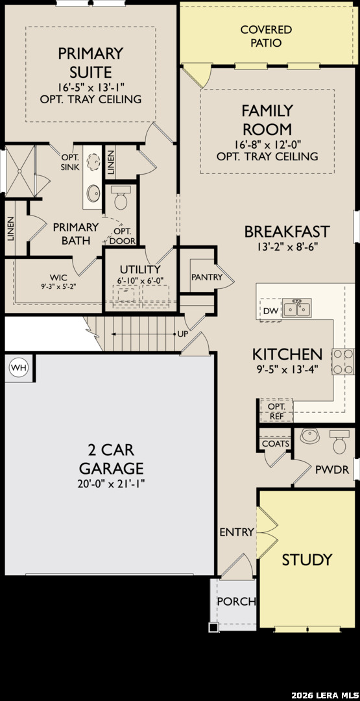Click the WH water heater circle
(x=18, y=367)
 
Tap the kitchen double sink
(x=297, y=308)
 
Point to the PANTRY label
(x=206, y=277)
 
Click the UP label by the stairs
(x=183, y=334)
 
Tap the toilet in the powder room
(x=340, y=442)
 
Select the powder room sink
(x=309, y=436)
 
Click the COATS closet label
(x=276, y=444)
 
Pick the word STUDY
(x=307, y=560)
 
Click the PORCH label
(x=236, y=601)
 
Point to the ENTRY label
(x=237, y=532)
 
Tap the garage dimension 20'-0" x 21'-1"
(x=111, y=484)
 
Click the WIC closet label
(x=58, y=277)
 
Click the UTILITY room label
(x=140, y=269)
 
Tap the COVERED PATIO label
(x=266, y=36)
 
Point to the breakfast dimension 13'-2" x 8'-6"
(x=287, y=247)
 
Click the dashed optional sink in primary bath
(x=94, y=162)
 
